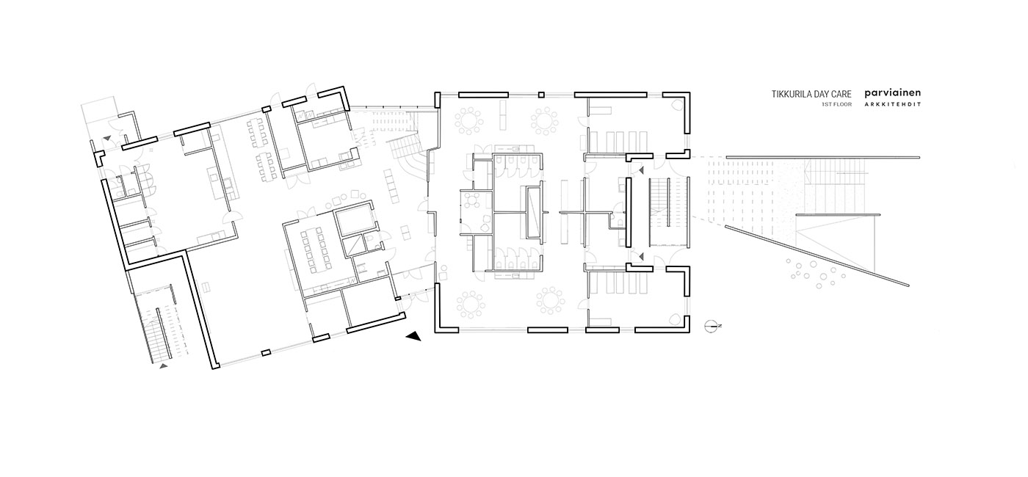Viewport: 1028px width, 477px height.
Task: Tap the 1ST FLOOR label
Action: pos(836,104)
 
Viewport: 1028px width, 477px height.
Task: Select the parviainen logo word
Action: pos(892,94)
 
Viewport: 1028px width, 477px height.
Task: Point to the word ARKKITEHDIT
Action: pos(892,104)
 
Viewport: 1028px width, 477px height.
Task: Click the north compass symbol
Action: pos(712,326)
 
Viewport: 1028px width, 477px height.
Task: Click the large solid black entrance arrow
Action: pos(413,336)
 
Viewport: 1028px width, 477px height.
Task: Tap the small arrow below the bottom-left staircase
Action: pos(163,366)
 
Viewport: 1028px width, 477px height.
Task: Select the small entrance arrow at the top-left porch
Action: pos(106,138)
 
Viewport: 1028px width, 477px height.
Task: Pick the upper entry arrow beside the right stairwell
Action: pos(640,170)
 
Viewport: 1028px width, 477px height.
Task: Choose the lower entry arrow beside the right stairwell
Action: pos(640,256)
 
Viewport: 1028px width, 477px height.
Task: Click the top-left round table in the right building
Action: pos(469,120)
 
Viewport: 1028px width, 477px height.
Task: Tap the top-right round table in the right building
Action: pos(544,120)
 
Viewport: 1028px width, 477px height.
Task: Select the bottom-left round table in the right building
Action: pos(471,304)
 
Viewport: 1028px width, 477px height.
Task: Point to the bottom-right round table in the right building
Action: pos(550,301)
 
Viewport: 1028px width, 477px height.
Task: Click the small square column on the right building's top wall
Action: pos(542,95)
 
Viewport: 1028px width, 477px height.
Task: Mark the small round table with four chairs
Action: pos(471,200)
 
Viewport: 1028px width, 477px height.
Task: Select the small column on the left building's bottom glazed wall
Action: pos(265,353)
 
